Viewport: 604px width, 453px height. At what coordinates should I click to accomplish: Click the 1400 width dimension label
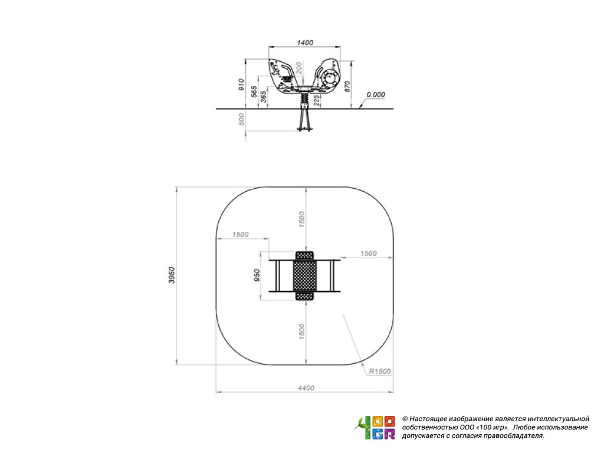click(305, 42)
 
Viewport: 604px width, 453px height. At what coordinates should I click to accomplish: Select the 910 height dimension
click(241, 84)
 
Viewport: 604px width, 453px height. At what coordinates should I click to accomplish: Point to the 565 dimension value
click(254, 91)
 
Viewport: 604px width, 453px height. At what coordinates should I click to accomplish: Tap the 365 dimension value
click(264, 96)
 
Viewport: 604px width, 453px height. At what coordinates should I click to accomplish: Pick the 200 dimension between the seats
click(299, 68)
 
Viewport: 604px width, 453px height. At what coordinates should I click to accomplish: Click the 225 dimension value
click(316, 100)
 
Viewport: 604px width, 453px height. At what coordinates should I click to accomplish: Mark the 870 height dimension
click(347, 86)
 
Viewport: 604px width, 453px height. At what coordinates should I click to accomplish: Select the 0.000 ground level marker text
click(376, 95)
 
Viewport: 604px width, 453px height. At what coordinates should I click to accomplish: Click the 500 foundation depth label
click(241, 119)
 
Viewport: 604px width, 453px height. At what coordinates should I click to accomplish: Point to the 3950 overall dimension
click(172, 275)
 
